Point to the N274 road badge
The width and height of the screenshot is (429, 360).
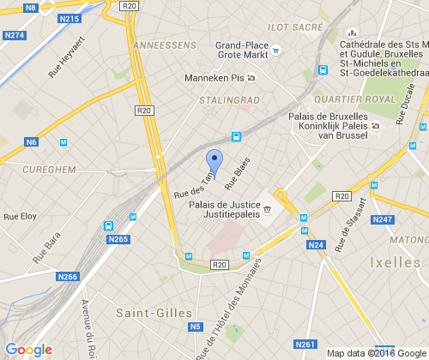tap(15, 35)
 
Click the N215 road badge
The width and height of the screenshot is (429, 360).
tap(69, 19)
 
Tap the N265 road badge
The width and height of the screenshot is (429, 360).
tap(118, 239)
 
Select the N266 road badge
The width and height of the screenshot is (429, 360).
tap(68, 276)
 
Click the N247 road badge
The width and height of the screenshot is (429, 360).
tap(382, 221)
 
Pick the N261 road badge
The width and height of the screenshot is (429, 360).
tap(305, 344)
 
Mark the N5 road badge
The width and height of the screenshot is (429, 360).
tap(196, 326)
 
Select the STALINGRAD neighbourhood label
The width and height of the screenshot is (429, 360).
tap(228, 99)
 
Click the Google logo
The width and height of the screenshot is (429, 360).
tap(28, 350)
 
